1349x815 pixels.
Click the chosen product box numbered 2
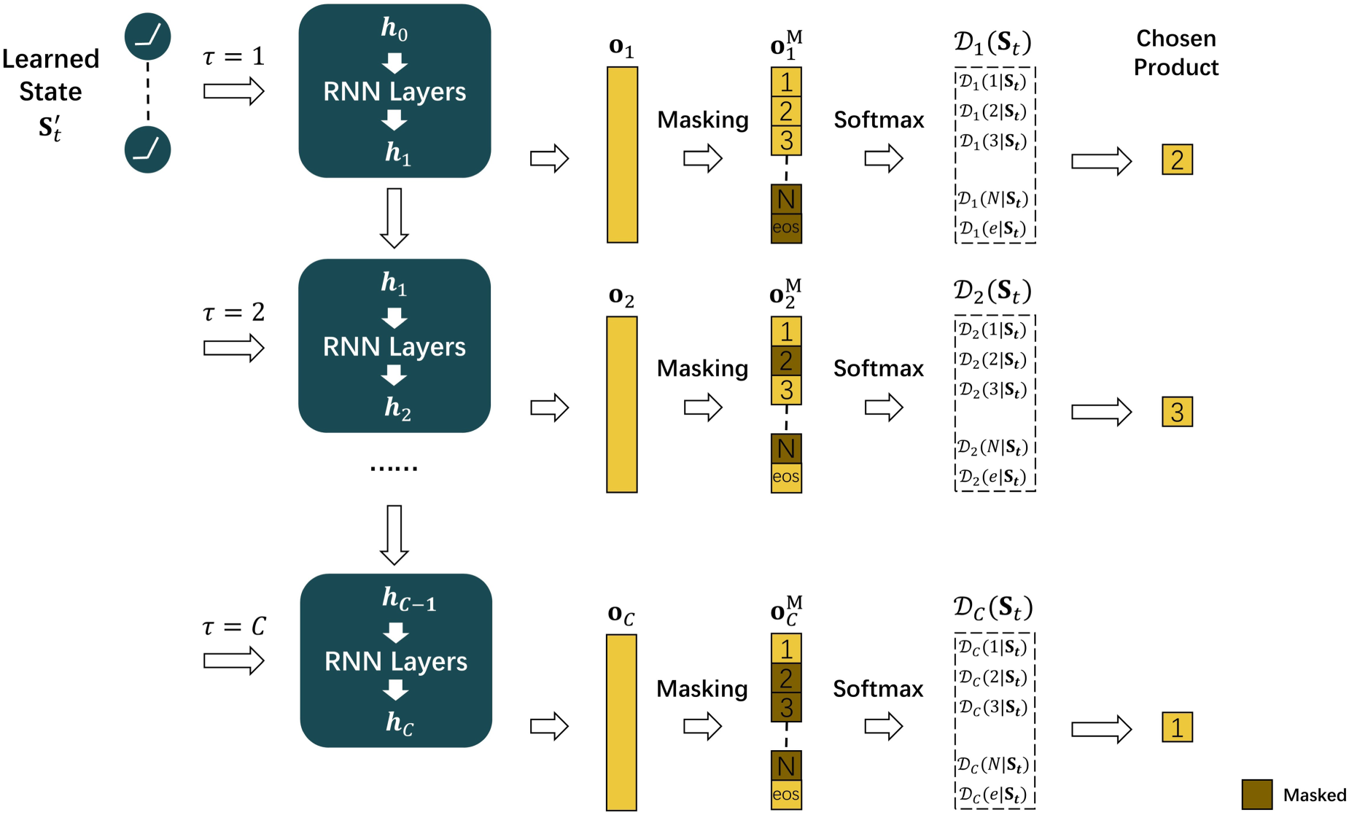coord(1177,160)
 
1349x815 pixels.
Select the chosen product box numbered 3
coord(1177,412)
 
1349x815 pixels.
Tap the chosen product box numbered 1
coord(1177,727)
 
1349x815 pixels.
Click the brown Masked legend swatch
coord(1257,795)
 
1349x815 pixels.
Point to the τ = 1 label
coord(233,56)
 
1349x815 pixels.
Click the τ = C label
coord(234,626)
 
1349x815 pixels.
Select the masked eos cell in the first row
coord(786,228)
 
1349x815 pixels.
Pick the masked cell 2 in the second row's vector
coord(786,360)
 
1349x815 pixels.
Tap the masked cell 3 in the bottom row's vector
coord(786,707)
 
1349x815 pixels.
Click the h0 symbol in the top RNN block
coord(394,28)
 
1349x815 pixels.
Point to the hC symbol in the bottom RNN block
coord(400,722)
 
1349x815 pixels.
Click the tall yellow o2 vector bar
coord(622,404)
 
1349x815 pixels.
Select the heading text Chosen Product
coord(1176,52)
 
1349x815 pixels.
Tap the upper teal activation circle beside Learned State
coord(148,36)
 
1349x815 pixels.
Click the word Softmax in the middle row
coord(879,368)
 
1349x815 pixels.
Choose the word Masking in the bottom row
coord(702,689)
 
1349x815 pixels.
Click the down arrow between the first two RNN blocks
coord(394,218)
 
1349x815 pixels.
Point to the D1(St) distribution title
coord(992,42)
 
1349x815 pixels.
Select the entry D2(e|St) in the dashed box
coord(992,477)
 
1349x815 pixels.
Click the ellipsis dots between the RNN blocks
coord(394,468)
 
